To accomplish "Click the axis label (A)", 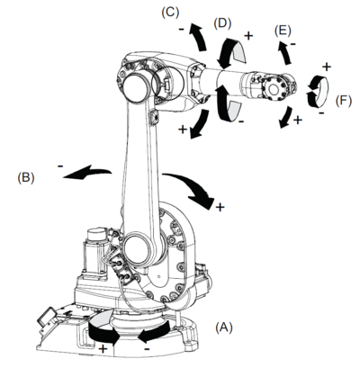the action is (224, 327).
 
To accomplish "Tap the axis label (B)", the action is (26, 177).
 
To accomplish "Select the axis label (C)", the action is (170, 13).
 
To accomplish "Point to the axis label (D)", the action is (222, 23).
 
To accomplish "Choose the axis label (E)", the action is (283, 31).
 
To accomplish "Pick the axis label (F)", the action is (344, 101).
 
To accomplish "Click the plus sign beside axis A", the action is (103, 349).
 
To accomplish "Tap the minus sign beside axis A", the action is (147, 349).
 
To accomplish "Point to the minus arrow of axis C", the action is (198, 37).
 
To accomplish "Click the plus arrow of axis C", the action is (200, 124).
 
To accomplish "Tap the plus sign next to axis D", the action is (248, 36).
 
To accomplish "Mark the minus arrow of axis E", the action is (285, 52).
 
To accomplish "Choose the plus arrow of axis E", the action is (286, 118).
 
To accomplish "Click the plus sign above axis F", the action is (327, 67).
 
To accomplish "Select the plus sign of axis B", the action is (220, 207).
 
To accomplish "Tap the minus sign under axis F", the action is (321, 113).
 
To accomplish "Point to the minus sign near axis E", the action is (293, 44).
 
